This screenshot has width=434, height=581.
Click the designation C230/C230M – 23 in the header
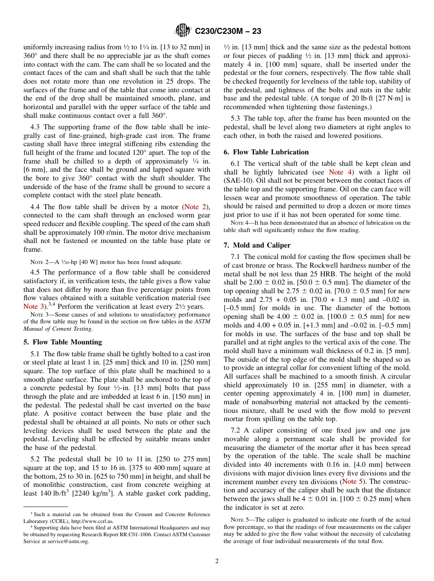click(x=228, y=32)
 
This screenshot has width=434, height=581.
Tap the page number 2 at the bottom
click(x=217, y=560)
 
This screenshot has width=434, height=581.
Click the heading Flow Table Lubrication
click(x=266, y=152)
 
